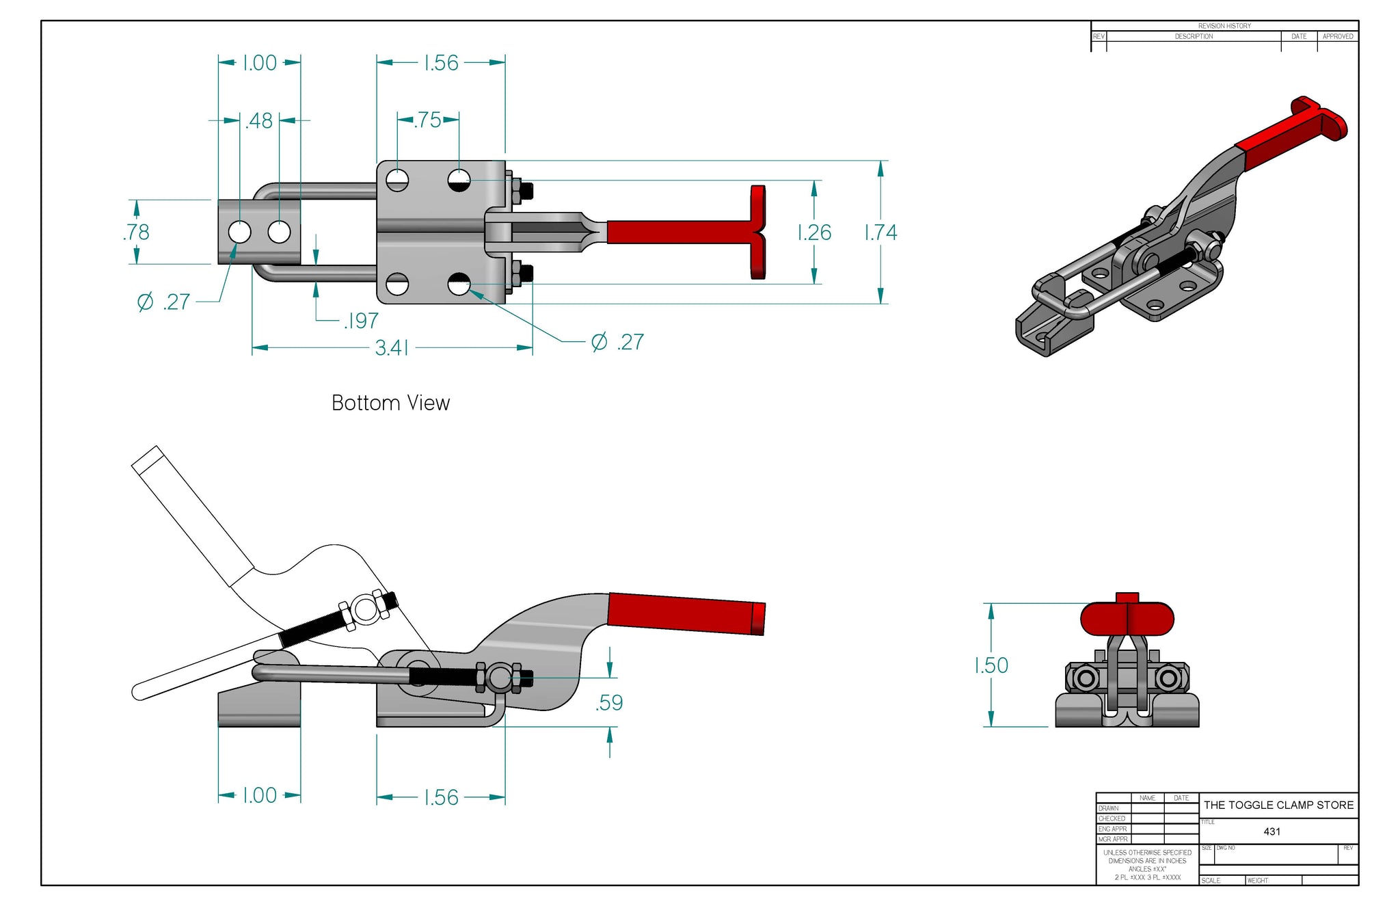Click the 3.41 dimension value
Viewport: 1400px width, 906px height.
(x=392, y=348)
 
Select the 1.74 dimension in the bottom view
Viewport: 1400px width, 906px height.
(x=880, y=232)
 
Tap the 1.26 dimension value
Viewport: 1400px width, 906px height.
(x=814, y=232)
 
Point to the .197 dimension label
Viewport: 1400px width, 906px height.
(x=361, y=320)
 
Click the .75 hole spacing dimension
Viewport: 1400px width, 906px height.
(x=428, y=120)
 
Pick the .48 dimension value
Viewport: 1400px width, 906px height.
(x=259, y=120)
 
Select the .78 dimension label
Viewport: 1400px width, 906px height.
(x=136, y=232)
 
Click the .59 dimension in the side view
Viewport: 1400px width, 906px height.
(x=609, y=702)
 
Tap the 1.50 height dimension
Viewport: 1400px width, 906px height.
(x=991, y=665)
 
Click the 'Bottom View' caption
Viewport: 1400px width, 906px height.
(x=390, y=403)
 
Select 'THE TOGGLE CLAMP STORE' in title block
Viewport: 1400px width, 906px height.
(x=1278, y=805)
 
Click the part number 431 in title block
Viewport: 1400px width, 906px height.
(x=1271, y=831)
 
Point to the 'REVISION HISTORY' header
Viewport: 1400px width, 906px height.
(x=1224, y=26)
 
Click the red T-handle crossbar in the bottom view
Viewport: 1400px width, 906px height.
(x=757, y=232)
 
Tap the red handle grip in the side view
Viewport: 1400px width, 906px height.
(x=684, y=613)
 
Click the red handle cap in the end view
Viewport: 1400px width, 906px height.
(x=1127, y=617)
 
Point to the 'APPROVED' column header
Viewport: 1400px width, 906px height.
(x=1337, y=36)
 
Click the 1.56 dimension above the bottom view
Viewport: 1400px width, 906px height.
(x=441, y=63)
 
